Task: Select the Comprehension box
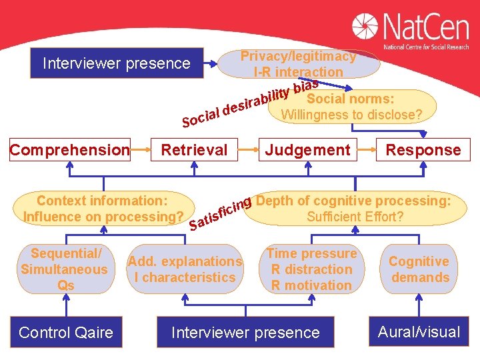69,150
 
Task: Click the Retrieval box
194,150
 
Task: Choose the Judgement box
307,150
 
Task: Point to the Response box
423,150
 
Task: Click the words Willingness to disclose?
351,115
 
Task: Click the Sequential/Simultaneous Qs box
64,269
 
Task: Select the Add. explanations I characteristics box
185,269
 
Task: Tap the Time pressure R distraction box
311,269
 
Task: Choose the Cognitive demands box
419,269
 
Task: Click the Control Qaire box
66,332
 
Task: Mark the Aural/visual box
419,332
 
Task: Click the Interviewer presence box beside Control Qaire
245,332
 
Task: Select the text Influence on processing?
103,217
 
